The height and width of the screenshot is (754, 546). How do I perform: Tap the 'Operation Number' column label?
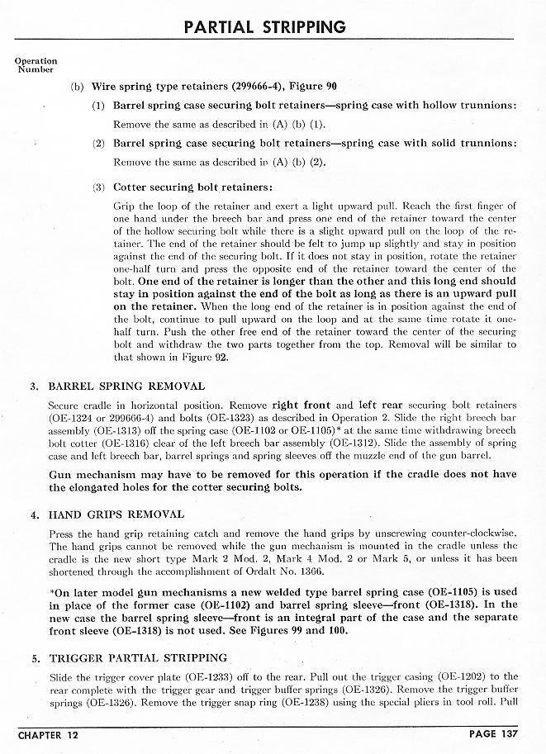pos(36,65)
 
